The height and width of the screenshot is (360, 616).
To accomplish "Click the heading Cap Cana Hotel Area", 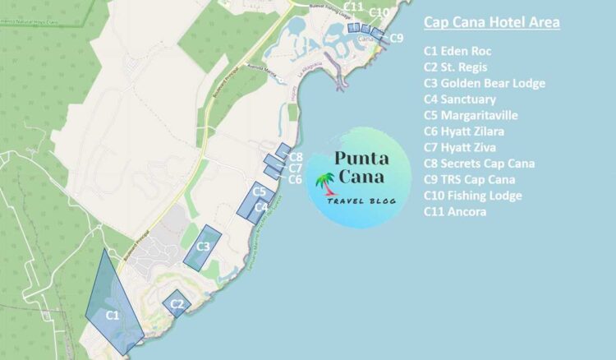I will point(491,22).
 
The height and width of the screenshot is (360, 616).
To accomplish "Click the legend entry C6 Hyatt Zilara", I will point(464,132).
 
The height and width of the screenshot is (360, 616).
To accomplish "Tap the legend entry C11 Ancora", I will point(455,212).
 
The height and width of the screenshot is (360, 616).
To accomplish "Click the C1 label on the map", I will point(113,314).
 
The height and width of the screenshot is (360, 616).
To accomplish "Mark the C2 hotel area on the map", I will point(177,303).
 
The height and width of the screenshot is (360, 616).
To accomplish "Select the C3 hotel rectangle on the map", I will point(201,247).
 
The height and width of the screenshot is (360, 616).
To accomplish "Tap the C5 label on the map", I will point(259,192).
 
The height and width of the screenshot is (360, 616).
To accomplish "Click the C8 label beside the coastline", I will point(297,156).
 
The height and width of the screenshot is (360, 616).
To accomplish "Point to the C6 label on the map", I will point(296,179).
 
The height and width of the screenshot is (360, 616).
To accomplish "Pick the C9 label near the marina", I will point(397,38).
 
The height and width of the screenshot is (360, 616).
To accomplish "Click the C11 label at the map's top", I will point(354,7).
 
